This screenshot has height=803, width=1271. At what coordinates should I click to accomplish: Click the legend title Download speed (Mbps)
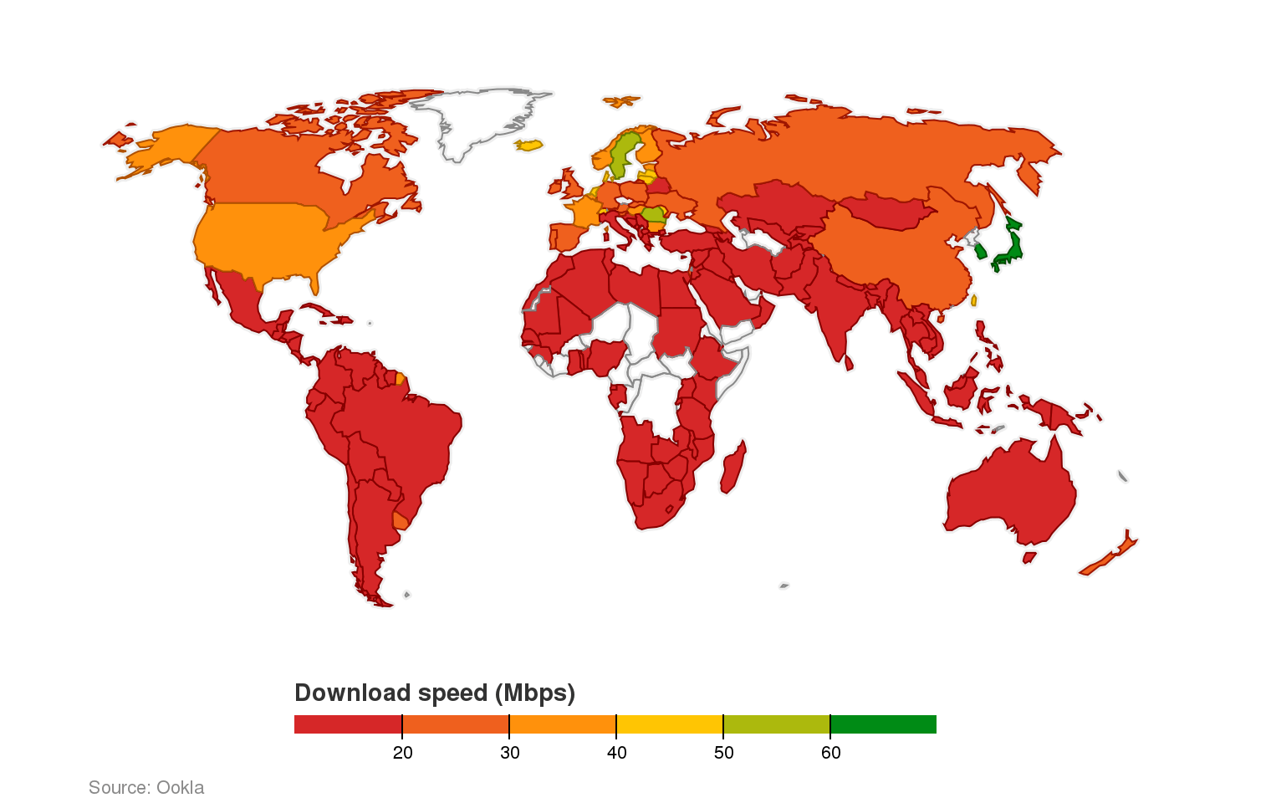[x=435, y=693]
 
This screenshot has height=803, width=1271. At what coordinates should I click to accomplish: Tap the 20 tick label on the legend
[x=402, y=753]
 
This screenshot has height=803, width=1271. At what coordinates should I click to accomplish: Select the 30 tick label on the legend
[x=509, y=753]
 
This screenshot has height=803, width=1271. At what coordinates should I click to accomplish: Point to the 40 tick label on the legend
[x=616, y=753]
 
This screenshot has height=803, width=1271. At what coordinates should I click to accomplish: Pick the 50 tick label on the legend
[x=723, y=753]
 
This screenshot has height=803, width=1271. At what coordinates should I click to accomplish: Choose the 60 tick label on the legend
[x=830, y=753]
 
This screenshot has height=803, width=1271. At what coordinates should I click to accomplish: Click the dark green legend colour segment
[x=883, y=724]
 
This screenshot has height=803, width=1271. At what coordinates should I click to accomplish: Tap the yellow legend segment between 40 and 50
[x=669, y=724]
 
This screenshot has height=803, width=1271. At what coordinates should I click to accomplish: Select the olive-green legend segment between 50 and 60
[x=776, y=724]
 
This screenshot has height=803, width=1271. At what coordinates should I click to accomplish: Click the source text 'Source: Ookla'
[x=146, y=788]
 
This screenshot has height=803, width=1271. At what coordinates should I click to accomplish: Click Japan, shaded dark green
[x=1013, y=248]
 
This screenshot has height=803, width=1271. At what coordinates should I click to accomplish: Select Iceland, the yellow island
[x=529, y=145]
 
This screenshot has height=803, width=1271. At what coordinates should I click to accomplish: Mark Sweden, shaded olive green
[x=622, y=155]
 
